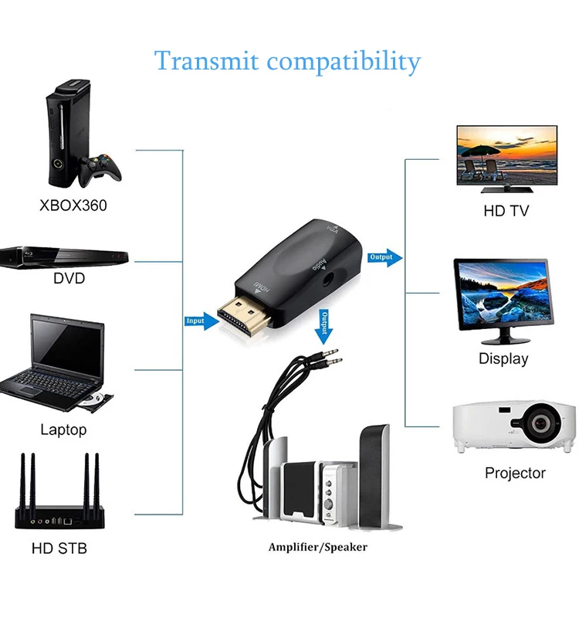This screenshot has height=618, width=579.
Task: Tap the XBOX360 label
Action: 73,206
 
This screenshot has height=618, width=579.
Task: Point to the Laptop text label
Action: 63,430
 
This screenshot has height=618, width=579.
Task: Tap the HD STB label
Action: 59,549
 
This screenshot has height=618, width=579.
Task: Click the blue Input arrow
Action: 201,321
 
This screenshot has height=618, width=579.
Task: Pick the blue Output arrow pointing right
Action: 384,257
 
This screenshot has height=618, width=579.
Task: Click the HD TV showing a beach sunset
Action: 506,155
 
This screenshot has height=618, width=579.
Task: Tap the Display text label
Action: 503,358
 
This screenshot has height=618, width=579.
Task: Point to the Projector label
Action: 515,473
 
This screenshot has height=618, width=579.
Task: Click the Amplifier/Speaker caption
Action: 317,547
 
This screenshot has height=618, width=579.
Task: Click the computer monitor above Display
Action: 503,297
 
